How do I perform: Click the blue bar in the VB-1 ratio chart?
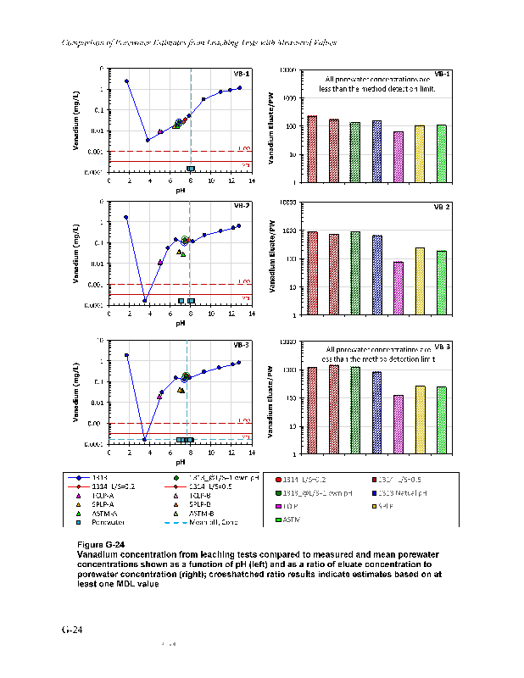point(376,152)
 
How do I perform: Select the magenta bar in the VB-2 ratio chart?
point(399,288)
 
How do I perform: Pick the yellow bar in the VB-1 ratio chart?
point(420,153)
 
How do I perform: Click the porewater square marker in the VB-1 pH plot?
point(190,169)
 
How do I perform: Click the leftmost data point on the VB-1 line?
point(126,81)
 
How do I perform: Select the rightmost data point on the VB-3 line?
point(239,362)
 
